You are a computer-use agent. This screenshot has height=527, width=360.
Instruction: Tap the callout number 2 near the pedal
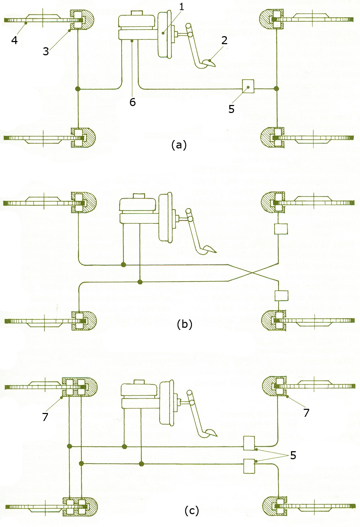(224, 40)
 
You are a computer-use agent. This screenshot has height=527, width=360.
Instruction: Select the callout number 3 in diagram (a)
(46, 51)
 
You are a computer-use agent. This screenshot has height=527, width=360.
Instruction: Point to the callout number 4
(14, 40)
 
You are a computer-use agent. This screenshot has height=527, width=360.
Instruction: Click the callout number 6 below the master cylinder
(133, 102)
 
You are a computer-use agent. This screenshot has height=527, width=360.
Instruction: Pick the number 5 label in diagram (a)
(231, 109)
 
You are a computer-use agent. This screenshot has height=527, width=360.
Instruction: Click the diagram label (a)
(179, 145)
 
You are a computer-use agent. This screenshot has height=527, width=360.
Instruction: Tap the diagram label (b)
(184, 324)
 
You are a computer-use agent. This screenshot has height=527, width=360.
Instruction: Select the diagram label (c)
(192, 510)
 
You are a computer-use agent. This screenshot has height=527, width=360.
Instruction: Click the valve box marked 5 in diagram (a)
(248, 87)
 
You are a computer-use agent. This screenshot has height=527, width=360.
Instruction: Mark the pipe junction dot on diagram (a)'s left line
(78, 89)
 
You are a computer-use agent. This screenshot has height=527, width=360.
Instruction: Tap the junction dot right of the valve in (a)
(277, 89)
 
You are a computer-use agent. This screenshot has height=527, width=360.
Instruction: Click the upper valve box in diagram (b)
(281, 229)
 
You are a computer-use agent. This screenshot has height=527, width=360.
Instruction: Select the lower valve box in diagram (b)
(281, 295)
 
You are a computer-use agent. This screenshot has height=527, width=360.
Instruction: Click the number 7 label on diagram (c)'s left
(45, 416)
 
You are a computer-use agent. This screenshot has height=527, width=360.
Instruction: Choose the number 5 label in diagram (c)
(293, 455)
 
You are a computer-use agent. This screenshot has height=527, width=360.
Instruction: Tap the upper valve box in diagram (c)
(249, 443)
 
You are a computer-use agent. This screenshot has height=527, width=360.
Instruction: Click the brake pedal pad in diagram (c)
(210, 433)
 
